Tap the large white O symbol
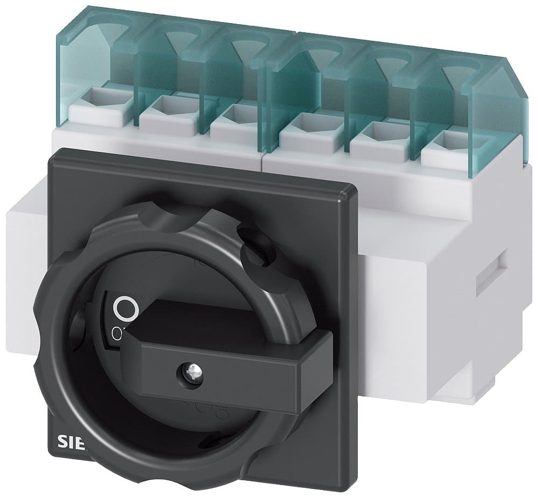(x=127, y=308)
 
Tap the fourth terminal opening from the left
(x=303, y=123)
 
